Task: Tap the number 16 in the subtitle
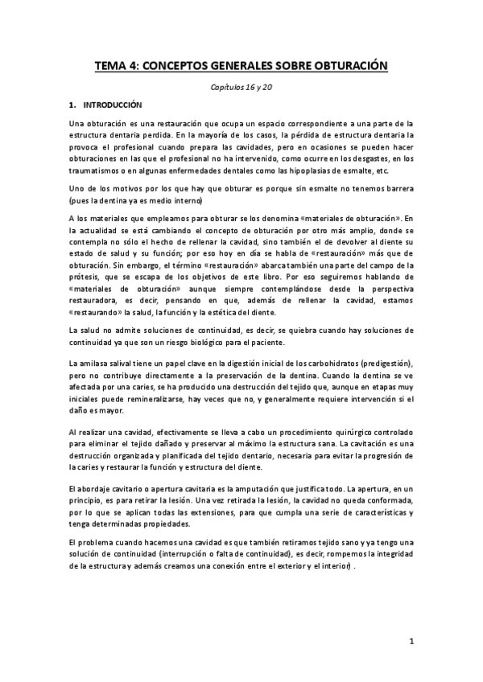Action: point(252,86)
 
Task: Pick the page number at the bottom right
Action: point(411,641)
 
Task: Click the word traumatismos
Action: point(96,171)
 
